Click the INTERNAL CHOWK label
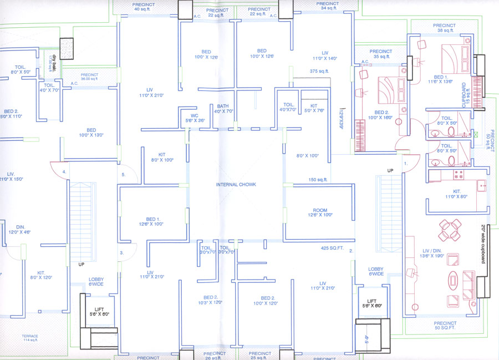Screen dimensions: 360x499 [x=236, y=184]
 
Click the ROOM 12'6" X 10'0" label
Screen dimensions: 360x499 [x=320, y=211]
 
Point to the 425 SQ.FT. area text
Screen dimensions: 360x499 [x=333, y=248]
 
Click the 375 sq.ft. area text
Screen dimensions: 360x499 [x=319, y=71]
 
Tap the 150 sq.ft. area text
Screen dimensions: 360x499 [x=320, y=180]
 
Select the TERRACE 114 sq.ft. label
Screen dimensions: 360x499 [x=30, y=339]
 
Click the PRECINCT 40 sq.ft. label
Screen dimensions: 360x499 [x=144, y=7]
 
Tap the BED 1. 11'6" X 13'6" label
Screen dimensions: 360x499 [x=441, y=79]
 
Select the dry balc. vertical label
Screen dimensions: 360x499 [x=48, y=62]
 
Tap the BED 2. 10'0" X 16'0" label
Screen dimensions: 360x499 [x=380, y=115]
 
